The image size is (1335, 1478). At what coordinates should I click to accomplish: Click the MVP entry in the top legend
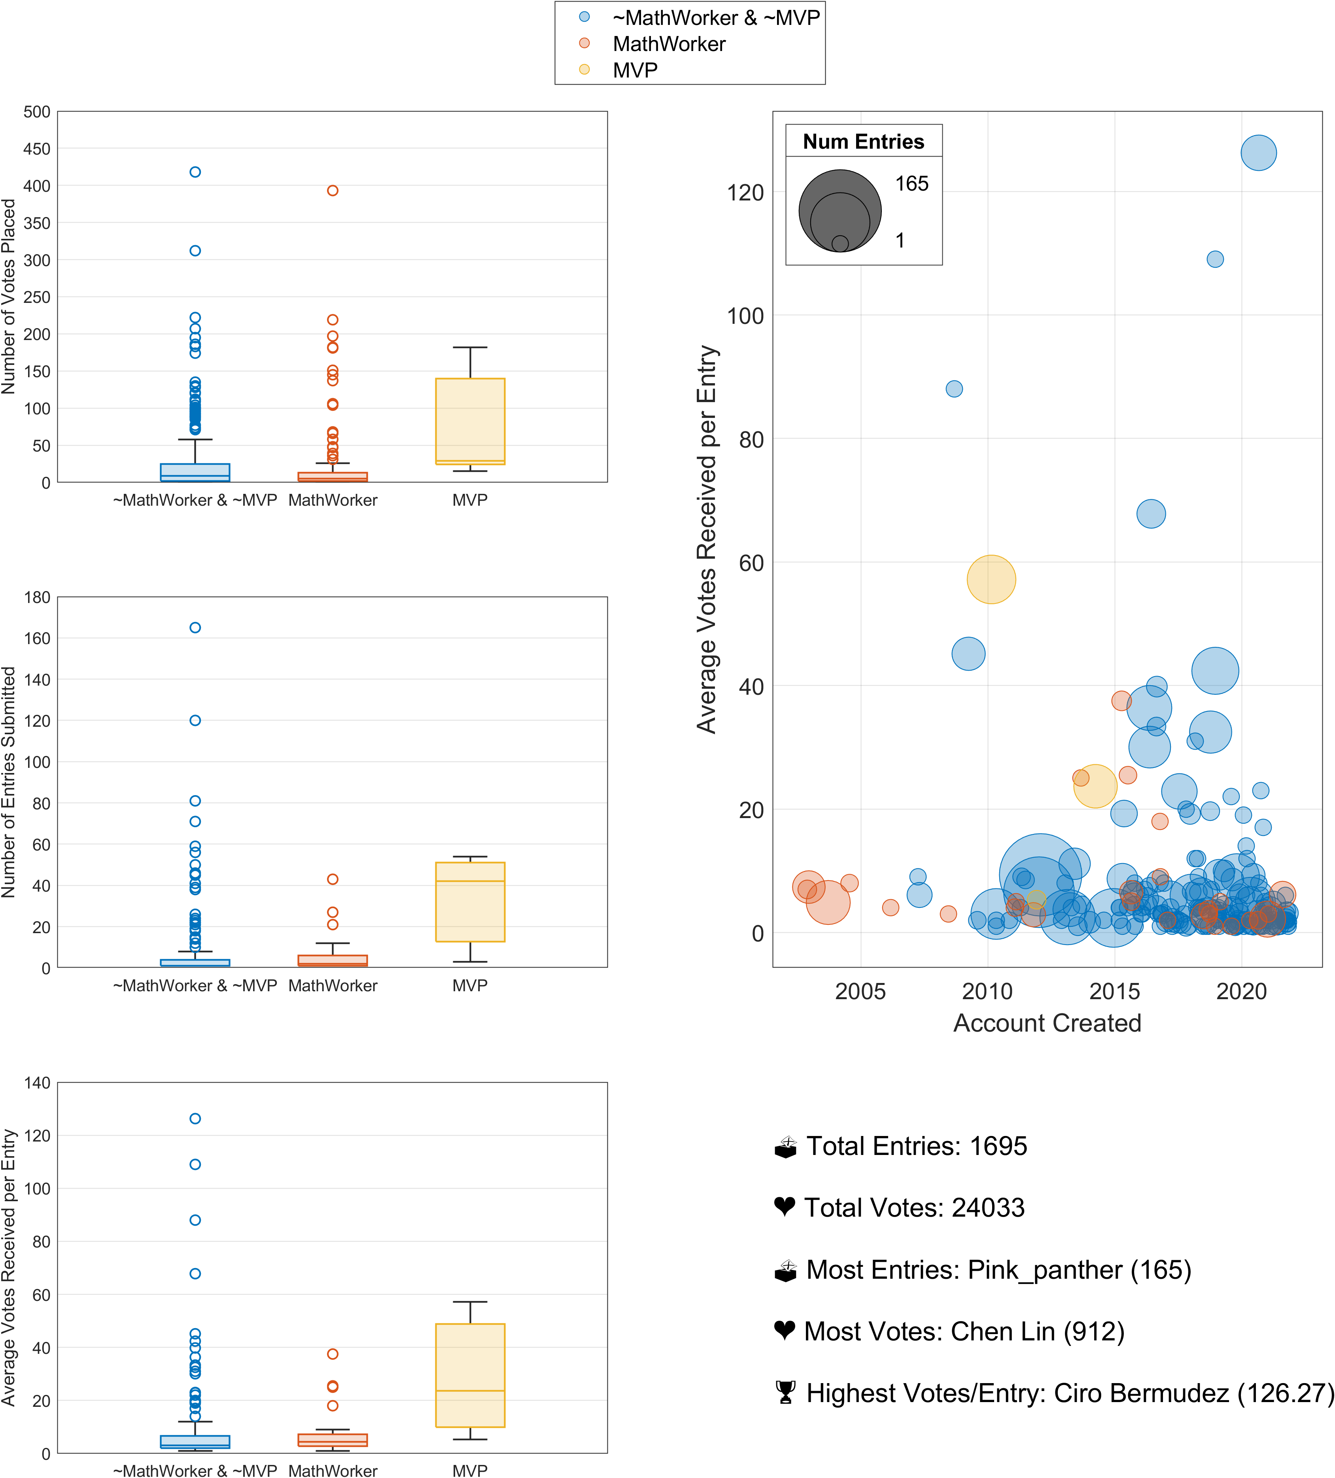click(x=635, y=70)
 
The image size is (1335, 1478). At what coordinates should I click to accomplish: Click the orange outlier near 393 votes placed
click(x=332, y=191)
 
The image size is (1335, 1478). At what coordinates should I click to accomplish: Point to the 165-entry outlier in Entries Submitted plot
click(x=195, y=627)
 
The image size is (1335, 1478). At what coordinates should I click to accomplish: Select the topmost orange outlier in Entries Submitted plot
click(x=332, y=879)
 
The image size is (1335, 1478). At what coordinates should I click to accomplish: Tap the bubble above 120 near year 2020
click(x=1258, y=153)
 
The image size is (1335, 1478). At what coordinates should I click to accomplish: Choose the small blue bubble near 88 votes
click(x=954, y=389)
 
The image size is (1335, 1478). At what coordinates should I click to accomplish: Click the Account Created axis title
click(x=1047, y=1023)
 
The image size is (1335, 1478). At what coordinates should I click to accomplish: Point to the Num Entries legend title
click(x=864, y=142)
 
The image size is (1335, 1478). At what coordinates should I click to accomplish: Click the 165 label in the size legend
click(x=911, y=183)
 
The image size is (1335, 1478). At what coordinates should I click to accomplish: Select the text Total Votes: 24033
click(x=914, y=1208)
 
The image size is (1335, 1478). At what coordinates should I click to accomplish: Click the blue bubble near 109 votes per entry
click(x=1215, y=259)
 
